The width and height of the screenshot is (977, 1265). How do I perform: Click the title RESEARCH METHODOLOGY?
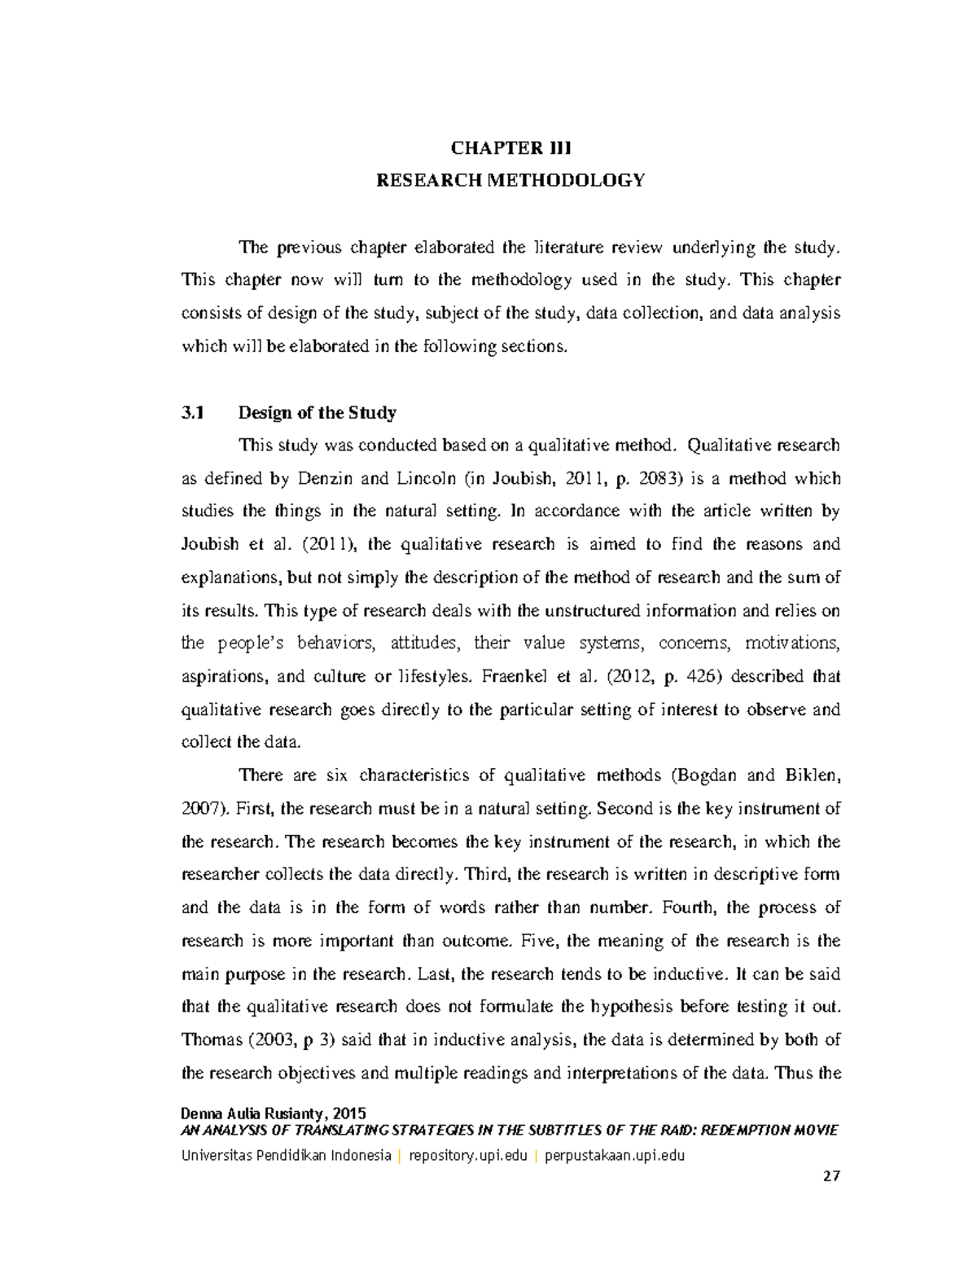click(510, 180)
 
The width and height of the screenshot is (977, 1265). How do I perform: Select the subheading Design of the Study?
click(317, 413)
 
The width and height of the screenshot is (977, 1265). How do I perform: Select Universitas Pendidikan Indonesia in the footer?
click(286, 1155)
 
